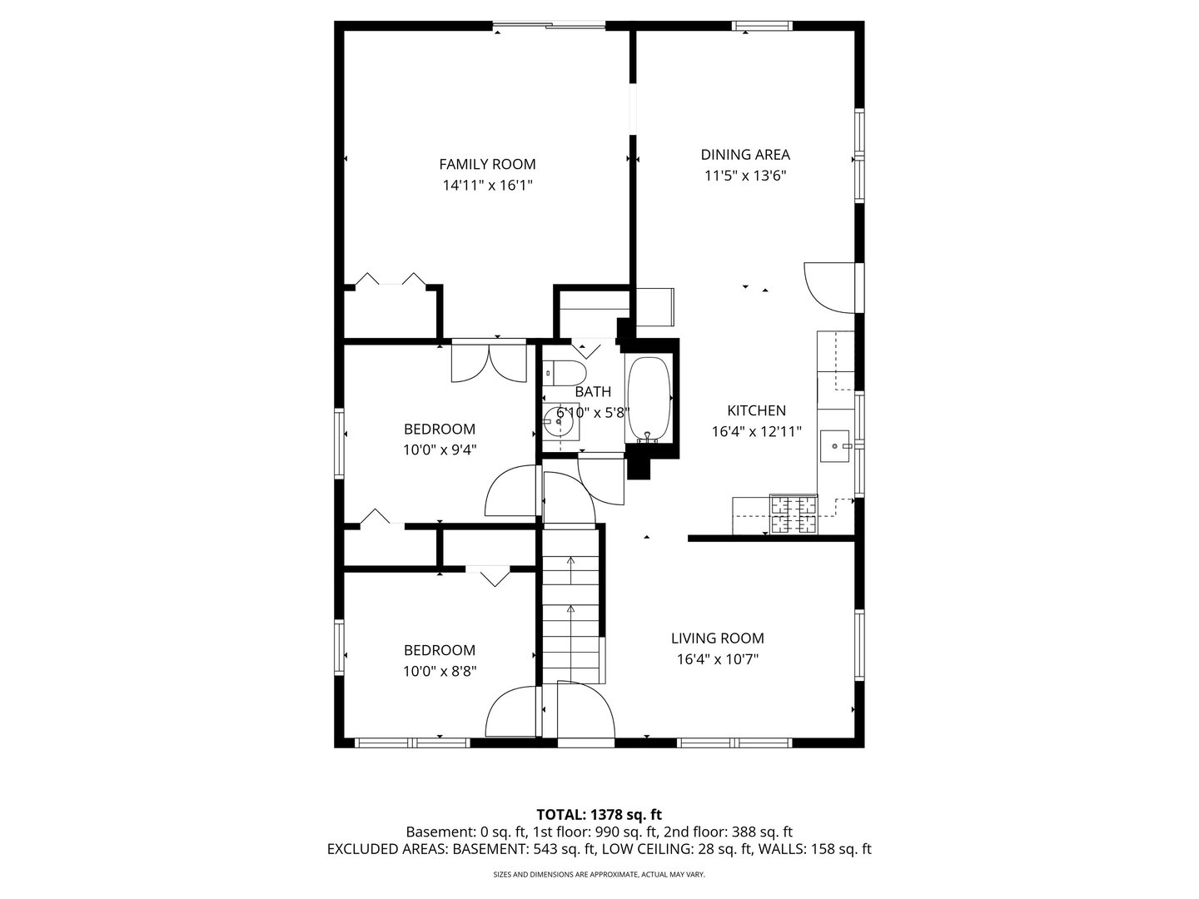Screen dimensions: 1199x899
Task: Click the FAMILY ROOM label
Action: pyautogui.click(x=487, y=164)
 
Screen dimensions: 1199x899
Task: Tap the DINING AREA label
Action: pyautogui.click(x=745, y=155)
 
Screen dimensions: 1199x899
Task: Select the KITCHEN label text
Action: pyautogui.click(x=756, y=410)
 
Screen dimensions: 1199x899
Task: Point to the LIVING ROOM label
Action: pyautogui.click(x=717, y=638)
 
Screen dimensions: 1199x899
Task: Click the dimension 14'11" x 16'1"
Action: pyautogui.click(x=487, y=186)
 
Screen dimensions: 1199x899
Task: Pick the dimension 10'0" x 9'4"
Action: pyautogui.click(x=440, y=450)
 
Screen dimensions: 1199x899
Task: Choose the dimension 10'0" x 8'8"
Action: pyautogui.click(x=440, y=672)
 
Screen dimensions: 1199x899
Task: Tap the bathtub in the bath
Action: pyautogui.click(x=648, y=399)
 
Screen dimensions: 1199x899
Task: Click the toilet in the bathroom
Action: pyautogui.click(x=565, y=374)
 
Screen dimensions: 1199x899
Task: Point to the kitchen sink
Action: pyautogui.click(x=834, y=446)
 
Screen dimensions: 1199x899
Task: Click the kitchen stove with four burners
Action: pyautogui.click(x=794, y=514)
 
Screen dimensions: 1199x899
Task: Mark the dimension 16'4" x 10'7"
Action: pyautogui.click(x=717, y=659)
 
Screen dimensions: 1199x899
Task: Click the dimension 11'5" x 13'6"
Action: pyautogui.click(x=745, y=176)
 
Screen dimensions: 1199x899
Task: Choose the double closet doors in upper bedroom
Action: pyautogui.click(x=489, y=363)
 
